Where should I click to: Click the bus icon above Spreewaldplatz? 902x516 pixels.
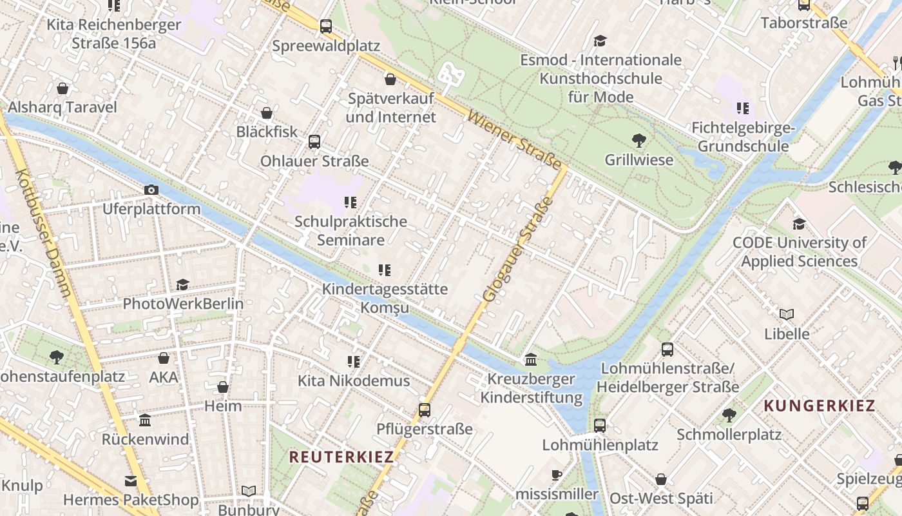tap(326, 26)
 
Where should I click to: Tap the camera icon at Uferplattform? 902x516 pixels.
tap(151, 190)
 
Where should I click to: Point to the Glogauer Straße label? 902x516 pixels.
tap(518, 249)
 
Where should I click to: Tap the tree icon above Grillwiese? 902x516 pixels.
tap(638, 140)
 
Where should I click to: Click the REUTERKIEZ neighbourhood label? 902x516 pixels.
tap(341, 457)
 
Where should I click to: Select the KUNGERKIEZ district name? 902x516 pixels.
tap(820, 406)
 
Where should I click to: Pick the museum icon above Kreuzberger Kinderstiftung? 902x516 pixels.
tap(531, 359)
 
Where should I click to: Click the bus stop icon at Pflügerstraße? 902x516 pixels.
tap(424, 410)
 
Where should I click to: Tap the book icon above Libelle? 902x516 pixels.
tap(786, 315)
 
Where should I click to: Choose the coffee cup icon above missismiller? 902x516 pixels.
tap(557, 475)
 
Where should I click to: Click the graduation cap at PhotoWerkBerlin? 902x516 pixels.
tap(183, 284)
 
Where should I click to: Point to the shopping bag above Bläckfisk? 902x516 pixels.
tap(267, 113)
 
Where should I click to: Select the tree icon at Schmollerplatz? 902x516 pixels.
tap(729, 415)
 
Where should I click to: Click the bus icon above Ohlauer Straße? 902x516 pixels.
tap(314, 142)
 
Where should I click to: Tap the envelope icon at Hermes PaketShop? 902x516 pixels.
tap(131, 481)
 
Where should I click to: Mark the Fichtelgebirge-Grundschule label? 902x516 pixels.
tap(743, 137)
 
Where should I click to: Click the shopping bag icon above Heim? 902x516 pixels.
tap(223, 387)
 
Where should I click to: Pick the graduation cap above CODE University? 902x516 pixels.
tap(799, 224)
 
